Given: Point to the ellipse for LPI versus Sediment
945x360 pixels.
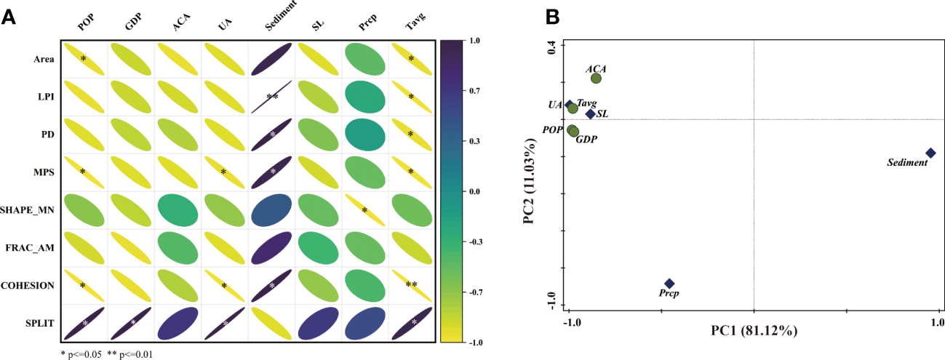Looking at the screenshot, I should pos(271,97).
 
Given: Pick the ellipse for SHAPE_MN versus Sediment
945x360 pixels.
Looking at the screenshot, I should pos(271,210).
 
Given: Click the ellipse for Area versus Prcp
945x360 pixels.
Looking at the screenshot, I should pos(364,59).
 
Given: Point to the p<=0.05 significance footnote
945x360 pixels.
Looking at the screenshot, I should pos(84,355).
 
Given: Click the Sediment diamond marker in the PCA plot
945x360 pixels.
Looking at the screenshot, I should pos(930,153).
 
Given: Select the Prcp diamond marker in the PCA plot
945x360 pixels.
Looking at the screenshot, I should pos(669,284).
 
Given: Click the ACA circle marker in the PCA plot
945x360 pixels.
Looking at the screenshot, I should pos(596,79).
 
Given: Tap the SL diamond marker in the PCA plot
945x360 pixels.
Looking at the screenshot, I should pos(590,113).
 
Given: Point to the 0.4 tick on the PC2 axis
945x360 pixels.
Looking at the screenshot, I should pos(551,47).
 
